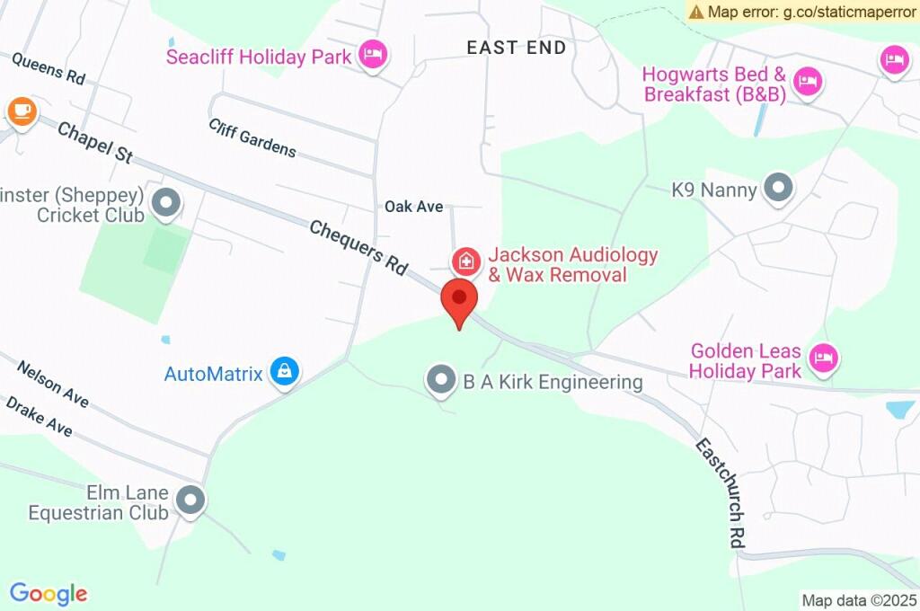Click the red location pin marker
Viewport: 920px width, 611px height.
[x=459, y=300]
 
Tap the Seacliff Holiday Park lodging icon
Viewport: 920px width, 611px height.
[x=372, y=56]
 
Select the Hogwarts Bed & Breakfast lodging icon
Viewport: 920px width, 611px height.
[x=809, y=80]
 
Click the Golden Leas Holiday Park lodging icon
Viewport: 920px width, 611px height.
[x=822, y=358]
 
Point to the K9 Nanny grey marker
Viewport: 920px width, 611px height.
[x=778, y=189]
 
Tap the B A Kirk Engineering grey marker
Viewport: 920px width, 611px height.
[x=440, y=380]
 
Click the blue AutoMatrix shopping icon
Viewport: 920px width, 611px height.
[x=285, y=370]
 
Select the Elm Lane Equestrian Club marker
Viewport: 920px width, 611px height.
[x=190, y=500]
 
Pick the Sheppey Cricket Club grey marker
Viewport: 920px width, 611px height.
[x=165, y=204]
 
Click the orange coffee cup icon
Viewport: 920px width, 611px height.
[x=22, y=111]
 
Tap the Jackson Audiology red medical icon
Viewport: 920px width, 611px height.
[x=465, y=262]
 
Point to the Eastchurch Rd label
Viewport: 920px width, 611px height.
[x=721, y=493]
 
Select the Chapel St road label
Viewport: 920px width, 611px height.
[x=95, y=143]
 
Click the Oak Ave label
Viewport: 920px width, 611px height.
[x=414, y=207]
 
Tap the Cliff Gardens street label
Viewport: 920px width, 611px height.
[x=252, y=137]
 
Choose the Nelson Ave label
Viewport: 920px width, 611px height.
[x=53, y=384]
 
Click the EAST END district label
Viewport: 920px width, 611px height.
[x=517, y=48]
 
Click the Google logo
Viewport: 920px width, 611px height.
[x=49, y=593]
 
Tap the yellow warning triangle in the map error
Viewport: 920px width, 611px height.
[x=696, y=12]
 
